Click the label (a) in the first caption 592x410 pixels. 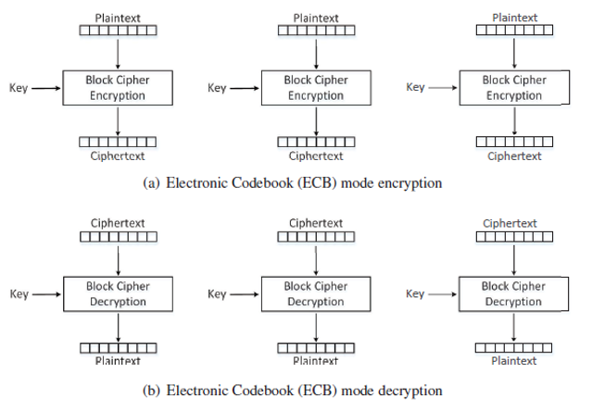154,183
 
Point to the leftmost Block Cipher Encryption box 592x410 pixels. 118,88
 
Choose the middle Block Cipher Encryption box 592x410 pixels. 316,88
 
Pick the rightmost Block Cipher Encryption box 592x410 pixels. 515,88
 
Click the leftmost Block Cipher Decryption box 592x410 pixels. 118,294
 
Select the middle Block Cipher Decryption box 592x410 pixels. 316,294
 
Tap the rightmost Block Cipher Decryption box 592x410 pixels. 515,294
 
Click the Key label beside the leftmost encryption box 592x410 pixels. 19,89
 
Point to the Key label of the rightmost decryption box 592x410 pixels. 416,294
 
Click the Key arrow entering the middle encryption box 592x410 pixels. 244,89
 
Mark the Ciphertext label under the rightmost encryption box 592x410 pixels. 514,155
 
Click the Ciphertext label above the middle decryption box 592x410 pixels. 316,223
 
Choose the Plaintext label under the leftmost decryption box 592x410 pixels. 118,361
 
